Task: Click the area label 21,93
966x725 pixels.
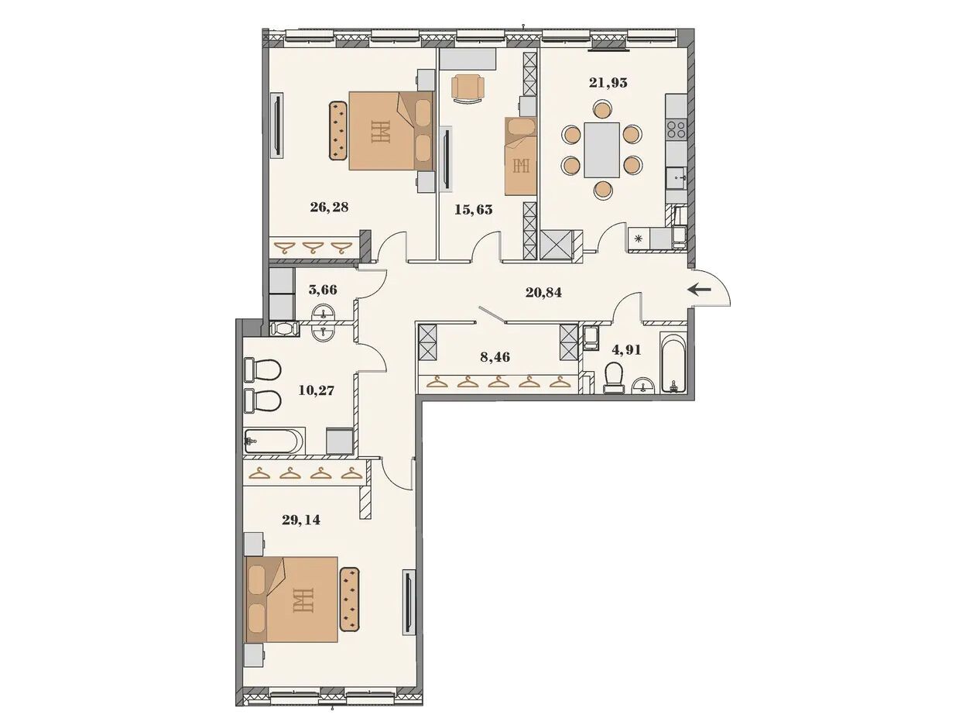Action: (x=608, y=82)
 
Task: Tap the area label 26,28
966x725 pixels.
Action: (x=329, y=207)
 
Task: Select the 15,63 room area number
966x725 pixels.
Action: (x=473, y=209)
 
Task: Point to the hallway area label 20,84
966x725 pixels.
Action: (x=543, y=292)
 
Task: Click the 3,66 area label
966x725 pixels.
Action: (x=323, y=290)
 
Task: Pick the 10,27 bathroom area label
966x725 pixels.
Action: (x=316, y=390)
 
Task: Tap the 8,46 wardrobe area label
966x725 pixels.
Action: (x=495, y=356)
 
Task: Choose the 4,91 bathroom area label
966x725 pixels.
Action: (x=626, y=350)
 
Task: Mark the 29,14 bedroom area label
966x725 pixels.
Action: (x=301, y=520)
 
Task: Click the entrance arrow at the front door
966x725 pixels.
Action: (x=699, y=289)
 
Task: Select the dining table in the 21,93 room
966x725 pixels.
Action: (x=601, y=149)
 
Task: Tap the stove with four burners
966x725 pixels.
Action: (x=676, y=129)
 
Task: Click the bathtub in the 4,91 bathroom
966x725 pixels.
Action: (x=673, y=362)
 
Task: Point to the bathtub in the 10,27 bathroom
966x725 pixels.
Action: (x=273, y=441)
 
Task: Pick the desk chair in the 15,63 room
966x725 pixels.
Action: (x=469, y=88)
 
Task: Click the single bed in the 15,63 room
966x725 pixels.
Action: (x=521, y=156)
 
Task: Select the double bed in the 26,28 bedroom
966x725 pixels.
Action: (x=391, y=131)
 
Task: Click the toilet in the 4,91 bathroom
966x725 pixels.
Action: (x=614, y=377)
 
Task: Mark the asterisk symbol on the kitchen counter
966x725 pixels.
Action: (x=639, y=239)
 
